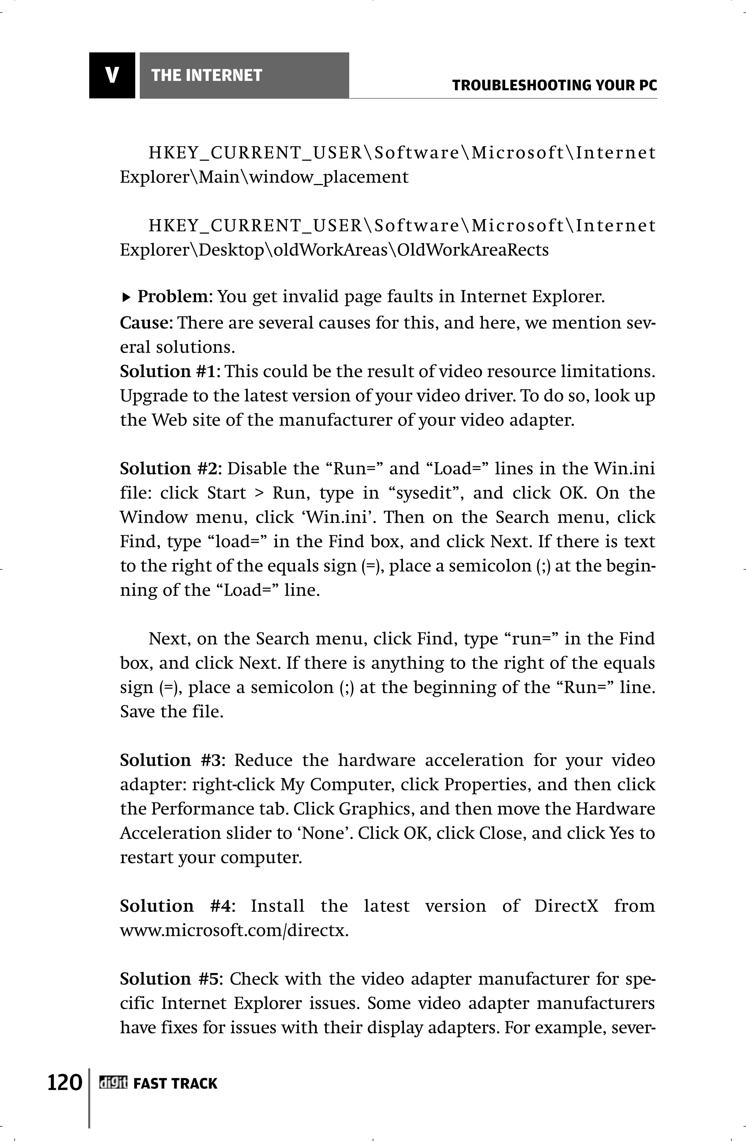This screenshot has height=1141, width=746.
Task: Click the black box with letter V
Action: (112, 75)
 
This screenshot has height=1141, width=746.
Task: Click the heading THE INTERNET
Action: (206, 75)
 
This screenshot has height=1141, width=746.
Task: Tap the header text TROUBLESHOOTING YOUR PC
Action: (554, 86)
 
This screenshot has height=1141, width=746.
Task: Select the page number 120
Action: (64, 1082)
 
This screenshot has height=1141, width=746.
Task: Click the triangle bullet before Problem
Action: (126, 298)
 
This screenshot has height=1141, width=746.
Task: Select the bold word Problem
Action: (172, 297)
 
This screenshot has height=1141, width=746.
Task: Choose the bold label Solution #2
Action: (170, 468)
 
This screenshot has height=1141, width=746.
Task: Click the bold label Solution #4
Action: (176, 906)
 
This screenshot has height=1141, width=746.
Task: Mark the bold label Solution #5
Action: (171, 979)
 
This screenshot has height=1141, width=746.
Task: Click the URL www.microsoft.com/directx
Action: (233, 930)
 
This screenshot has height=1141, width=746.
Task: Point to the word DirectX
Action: (566, 906)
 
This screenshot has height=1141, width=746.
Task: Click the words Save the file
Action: (171, 711)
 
